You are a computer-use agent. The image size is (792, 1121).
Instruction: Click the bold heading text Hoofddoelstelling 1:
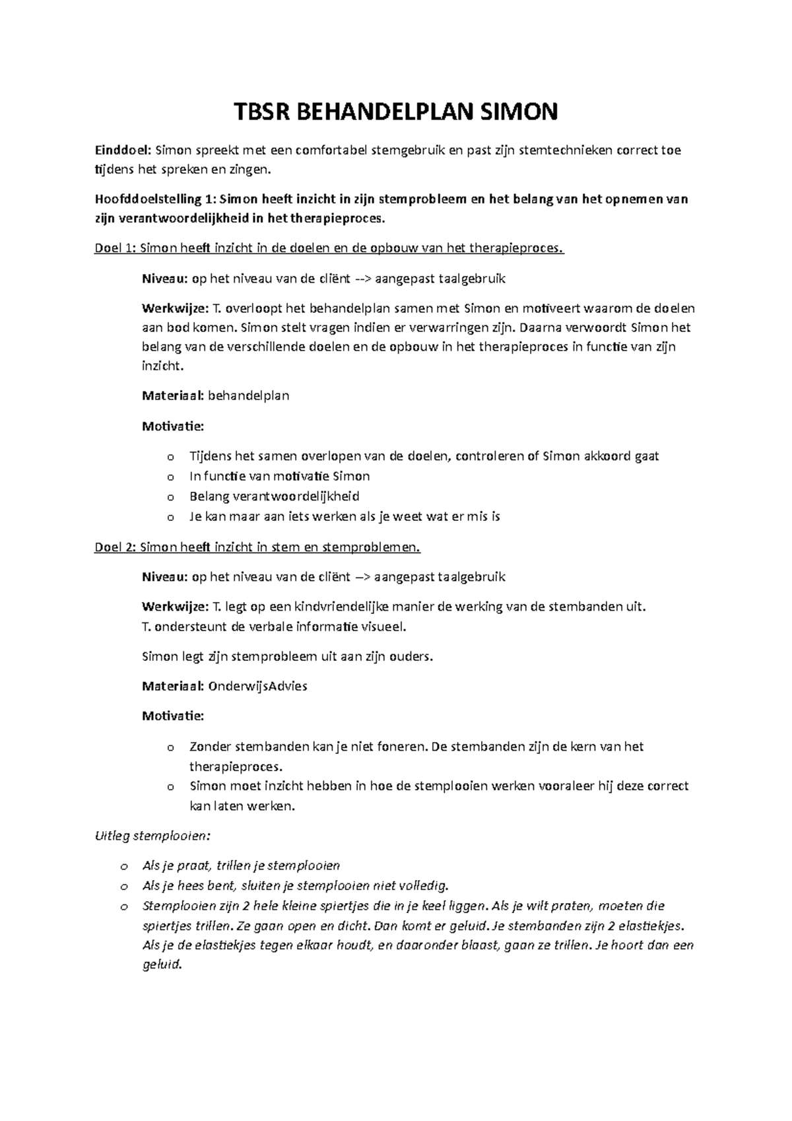154,199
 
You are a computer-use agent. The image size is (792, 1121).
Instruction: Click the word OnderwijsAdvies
257,686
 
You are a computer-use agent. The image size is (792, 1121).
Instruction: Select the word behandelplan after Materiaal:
248,396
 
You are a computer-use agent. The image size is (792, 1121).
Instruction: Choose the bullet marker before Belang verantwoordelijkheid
171,497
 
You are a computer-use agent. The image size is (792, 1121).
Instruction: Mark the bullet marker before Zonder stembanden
171,748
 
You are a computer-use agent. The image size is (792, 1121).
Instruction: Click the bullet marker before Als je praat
123,866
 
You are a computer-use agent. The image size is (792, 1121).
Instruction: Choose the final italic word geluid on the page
162,965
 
